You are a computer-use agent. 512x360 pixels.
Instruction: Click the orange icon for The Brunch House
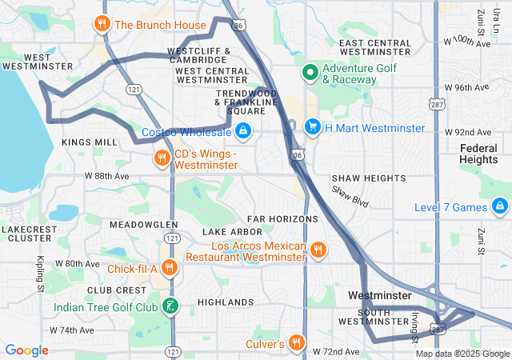click(102, 24)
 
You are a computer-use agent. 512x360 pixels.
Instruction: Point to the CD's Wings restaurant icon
click(162, 158)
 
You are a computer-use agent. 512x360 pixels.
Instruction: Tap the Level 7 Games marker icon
click(500, 208)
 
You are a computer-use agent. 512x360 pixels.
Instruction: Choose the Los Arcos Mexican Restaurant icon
click(318, 250)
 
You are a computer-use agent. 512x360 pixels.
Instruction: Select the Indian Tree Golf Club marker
click(170, 306)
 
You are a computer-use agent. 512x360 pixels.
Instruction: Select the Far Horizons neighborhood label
click(282, 218)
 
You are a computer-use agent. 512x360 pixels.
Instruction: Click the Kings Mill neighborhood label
click(89, 142)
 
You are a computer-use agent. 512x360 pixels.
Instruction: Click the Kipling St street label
click(39, 274)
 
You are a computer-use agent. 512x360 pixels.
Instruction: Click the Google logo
click(27, 350)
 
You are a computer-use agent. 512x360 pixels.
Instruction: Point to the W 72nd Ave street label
click(335, 351)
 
